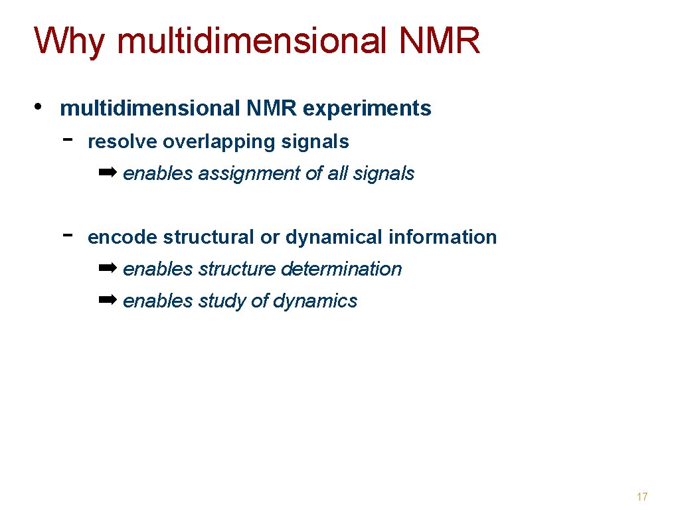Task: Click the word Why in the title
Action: pyautogui.click(x=69, y=41)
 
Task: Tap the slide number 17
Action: pyautogui.click(x=641, y=497)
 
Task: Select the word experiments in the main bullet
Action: pyautogui.click(x=367, y=108)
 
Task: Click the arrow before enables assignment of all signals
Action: pyautogui.click(x=107, y=173)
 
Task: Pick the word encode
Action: pyautogui.click(x=122, y=237)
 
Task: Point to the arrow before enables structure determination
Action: pyautogui.click(x=107, y=268)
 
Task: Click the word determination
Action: pyautogui.click(x=341, y=269)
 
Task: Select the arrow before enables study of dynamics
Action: pyautogui.click(x=107, y=300)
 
